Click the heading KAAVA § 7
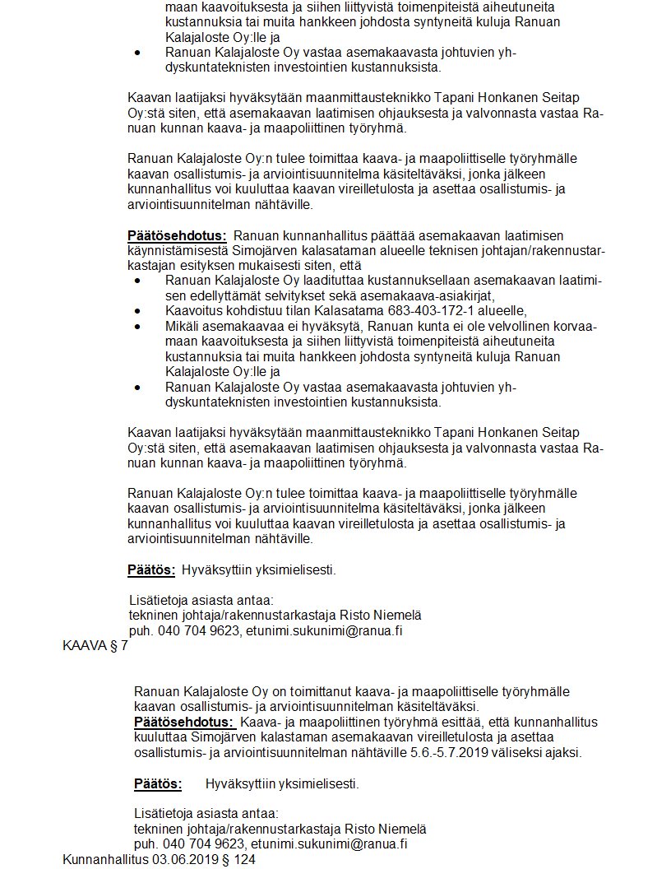[x=95, y=645]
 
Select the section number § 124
[x=239, y=859]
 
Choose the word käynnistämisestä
[x=172, y=250]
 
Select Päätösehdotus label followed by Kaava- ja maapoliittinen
[x=184, y=722]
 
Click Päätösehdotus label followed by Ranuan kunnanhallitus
[x=177, y=236]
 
